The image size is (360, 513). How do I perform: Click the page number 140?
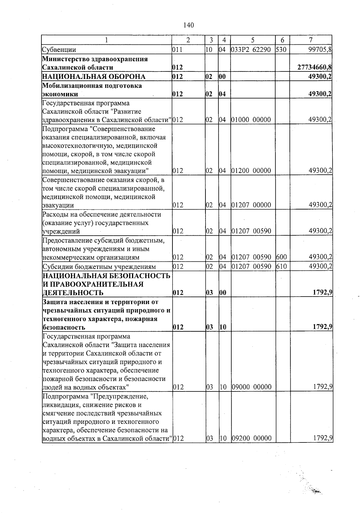(x=188, y=25)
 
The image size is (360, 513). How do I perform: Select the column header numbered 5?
(x=253, y=40)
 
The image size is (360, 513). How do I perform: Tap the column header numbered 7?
(x=311, y=40)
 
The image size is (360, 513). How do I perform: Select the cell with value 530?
(x=281, y=50)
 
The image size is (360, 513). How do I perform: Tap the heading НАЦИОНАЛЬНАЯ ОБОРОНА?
(x=94, y=77)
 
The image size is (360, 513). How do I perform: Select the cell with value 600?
(x=281, y=257)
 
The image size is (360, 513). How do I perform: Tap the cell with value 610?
(x=281, y=267)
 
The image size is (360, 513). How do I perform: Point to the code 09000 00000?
(x=251, y=387)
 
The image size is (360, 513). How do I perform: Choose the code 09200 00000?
(x=251, y=439)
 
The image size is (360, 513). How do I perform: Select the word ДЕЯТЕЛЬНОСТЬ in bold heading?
(x=73, y=293)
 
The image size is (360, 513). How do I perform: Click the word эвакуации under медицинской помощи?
(x=58, y=206)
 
